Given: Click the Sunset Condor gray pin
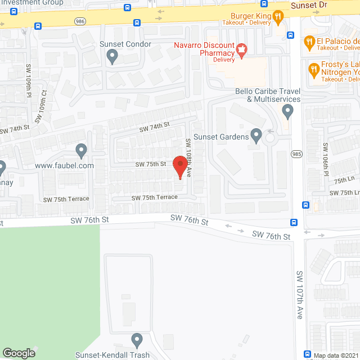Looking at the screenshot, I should click(x=112, y=56).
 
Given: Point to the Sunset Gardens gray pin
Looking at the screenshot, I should click(x=256, y=135).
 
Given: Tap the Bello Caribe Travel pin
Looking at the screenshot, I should click(x=288, y=111).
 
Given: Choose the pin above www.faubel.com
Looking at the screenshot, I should click(x=82, y=150).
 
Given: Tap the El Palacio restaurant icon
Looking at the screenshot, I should click(x=309, y=41).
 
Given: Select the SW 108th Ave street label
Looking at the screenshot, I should click(x=191, y=159).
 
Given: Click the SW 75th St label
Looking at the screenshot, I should click(x=150, y=164).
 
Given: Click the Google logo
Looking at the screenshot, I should click(x=18, y=353).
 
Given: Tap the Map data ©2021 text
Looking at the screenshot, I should click(x=335, y=355).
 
